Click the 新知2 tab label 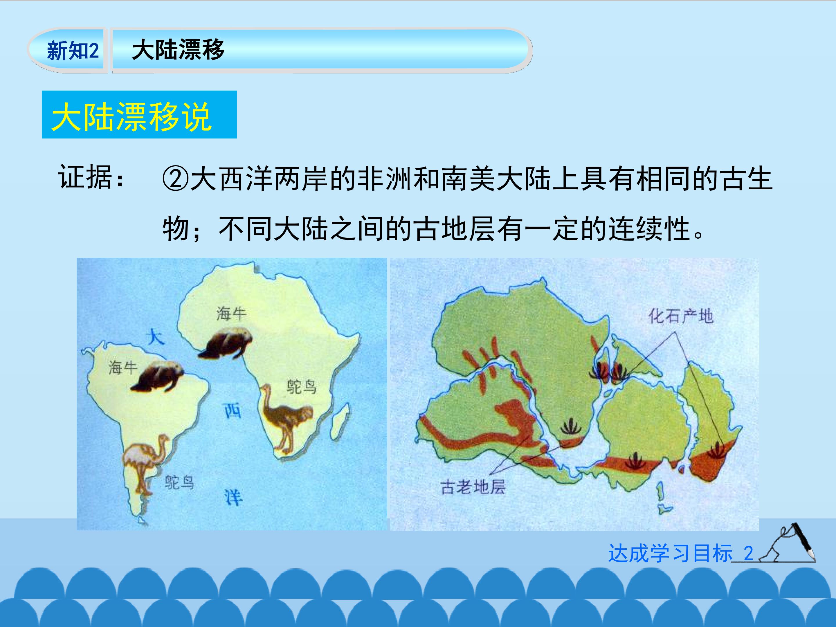pos(73,51)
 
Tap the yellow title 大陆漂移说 pos(131,117)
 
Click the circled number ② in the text pos(175,179)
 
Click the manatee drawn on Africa pos(225,344)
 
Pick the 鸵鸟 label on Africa pos(301,387)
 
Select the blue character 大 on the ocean pos(155,336)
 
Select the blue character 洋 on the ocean pos(233,498)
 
